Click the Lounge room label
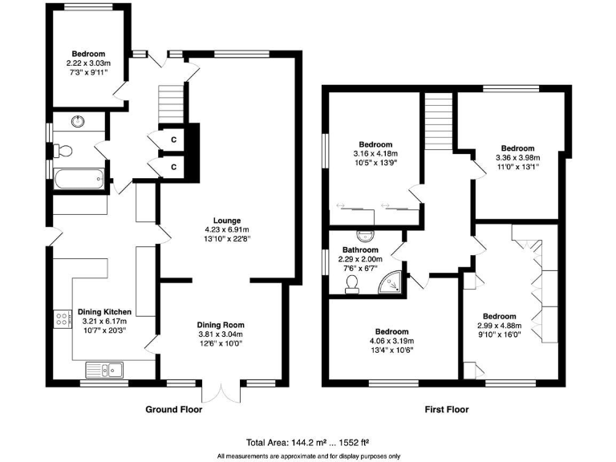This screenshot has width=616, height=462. [226, 221]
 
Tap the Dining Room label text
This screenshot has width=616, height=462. [221, 325]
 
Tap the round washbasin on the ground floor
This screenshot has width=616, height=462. [79, 121]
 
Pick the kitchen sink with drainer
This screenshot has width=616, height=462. [105, 370]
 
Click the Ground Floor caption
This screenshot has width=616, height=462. [173, 410]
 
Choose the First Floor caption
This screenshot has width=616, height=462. [446, 410]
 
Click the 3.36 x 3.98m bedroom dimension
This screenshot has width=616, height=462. [517, 158]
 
